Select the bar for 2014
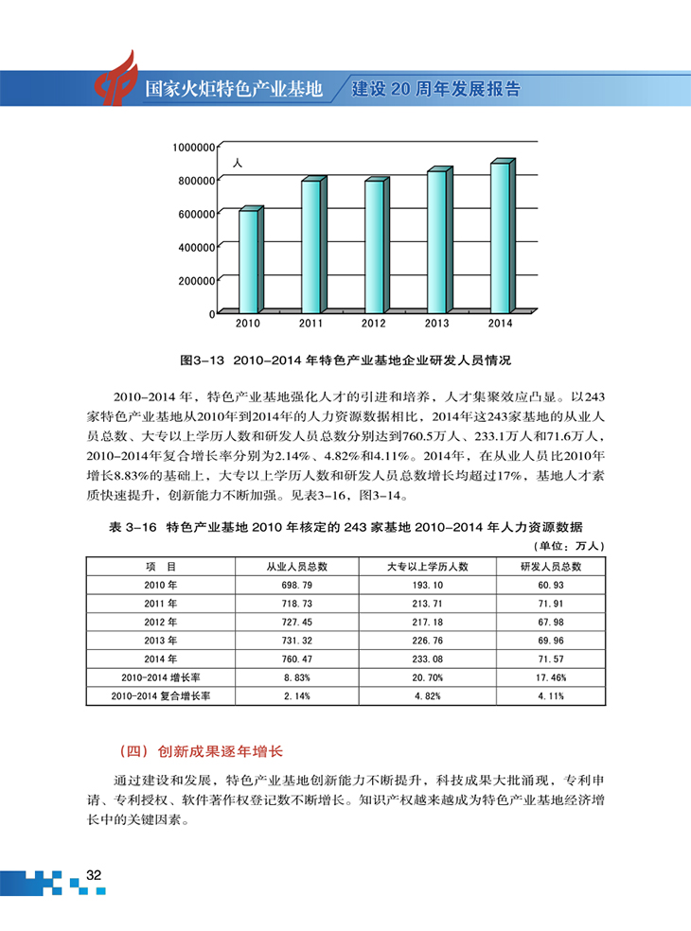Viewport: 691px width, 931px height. click(499, 237)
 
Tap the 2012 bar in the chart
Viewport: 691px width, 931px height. click(373, 245)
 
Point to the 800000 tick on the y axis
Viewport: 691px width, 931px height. click(193, 180)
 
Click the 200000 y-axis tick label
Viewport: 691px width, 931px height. click(193, 279)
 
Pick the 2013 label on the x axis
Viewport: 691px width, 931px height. click(436, 324)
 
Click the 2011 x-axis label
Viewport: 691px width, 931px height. click(310, 324)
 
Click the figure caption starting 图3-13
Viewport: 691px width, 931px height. click(345, 360)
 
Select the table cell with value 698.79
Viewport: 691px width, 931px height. click(295, 585)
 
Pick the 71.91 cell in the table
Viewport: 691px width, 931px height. click(550, 603)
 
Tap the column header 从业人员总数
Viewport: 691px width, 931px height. click(295, 566)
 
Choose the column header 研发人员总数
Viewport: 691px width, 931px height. click(550, 566)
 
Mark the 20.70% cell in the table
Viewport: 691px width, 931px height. click(428, 677)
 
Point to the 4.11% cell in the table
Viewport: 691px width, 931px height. click(550, 695)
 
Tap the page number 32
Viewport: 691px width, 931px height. click(94, 874)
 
